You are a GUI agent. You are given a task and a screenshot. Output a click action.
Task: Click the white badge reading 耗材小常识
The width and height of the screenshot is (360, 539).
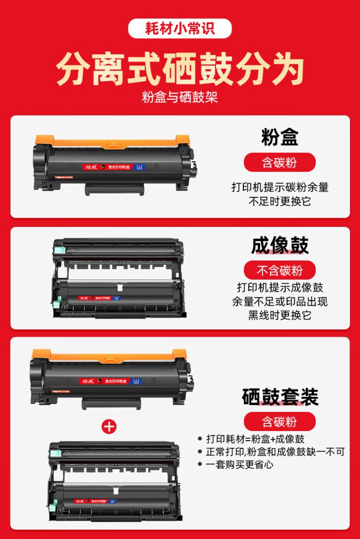click(180, 28)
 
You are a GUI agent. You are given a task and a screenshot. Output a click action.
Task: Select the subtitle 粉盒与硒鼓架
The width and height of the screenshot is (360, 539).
click(180, 97)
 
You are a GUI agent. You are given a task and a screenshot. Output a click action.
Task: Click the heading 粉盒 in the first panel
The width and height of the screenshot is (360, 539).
click(280, 137)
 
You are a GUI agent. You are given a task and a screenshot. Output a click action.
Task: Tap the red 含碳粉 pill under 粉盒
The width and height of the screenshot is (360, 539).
click(279, 163)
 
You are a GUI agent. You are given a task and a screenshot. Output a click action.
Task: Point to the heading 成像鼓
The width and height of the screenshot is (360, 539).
click(280, 245)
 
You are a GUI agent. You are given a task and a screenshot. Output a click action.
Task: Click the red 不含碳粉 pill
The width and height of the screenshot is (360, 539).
click(279, 271)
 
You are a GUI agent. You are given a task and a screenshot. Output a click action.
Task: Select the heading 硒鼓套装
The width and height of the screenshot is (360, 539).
click(280, 397)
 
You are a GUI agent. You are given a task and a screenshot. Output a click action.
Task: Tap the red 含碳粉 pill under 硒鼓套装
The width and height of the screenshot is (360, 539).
click(279, 422)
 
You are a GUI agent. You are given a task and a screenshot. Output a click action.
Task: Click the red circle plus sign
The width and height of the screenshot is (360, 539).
click(109, 426)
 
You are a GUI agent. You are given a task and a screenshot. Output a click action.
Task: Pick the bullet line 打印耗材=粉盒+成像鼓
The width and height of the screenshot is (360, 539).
click(255, 439)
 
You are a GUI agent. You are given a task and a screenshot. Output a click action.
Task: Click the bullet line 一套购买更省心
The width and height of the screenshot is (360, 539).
click(240, 464)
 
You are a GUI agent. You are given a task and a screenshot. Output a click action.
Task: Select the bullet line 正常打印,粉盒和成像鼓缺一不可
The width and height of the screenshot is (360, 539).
click(275, 452)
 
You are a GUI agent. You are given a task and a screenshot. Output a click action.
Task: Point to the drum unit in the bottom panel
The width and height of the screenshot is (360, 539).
click(116, 480)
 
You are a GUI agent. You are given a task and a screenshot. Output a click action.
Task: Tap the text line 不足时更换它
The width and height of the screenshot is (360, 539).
click(279, 201)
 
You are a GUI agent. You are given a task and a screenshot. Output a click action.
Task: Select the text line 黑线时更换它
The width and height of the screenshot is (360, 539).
click(279, 315)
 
